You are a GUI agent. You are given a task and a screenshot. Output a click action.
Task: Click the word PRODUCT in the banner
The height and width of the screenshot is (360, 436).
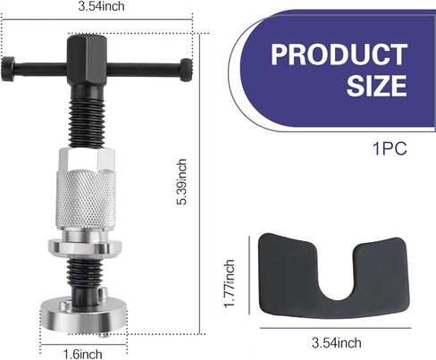pyautogui.click(x=339, y=54)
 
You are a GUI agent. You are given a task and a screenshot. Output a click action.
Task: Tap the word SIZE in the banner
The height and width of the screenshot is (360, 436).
pyautogui.click(x=376, y=86)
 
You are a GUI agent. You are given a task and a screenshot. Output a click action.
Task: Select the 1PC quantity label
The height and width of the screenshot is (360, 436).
pyautogui.click(x=390, y=148)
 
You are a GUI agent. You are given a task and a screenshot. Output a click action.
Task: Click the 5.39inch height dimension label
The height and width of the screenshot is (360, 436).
pyautogui.click(x=181, y=181)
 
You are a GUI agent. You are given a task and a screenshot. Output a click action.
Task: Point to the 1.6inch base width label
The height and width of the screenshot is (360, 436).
pyautogui.click(x=83, y=355)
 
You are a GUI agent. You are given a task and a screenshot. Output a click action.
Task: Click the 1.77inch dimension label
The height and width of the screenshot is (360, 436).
pyautogui.click(x=230, y=283)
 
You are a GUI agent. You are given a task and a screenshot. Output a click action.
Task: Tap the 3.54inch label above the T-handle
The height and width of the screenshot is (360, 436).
pyautogui.click(x=101, y=6)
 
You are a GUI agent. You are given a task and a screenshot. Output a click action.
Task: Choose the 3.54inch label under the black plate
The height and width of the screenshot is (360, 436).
pyautogui.click(x=337, y=343)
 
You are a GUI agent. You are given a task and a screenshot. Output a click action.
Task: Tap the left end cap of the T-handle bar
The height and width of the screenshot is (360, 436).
pyautogui.click(x=8, y=69)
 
